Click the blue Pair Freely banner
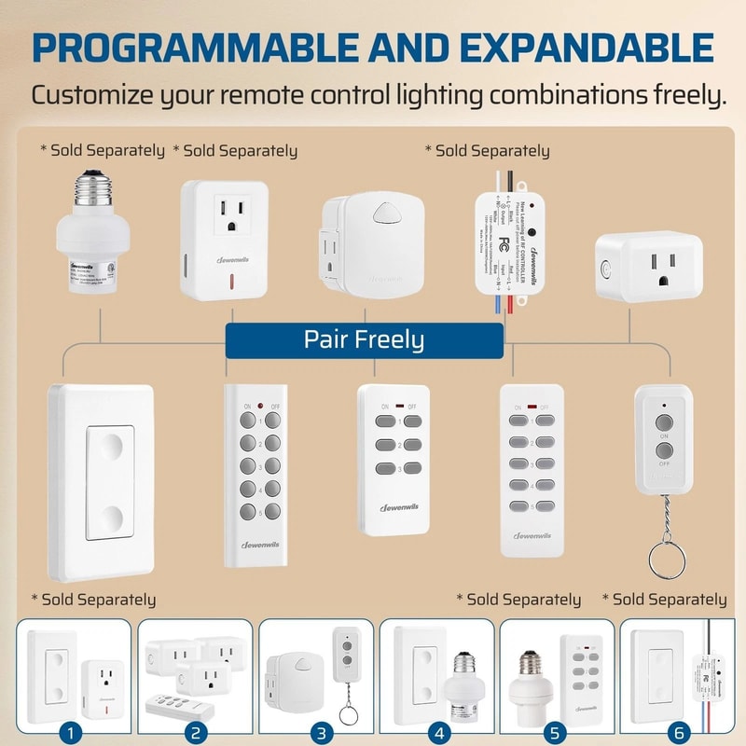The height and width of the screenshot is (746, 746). [364, 339]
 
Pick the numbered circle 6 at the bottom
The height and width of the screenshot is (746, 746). [679, 732]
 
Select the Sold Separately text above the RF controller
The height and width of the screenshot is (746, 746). [487, 151]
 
